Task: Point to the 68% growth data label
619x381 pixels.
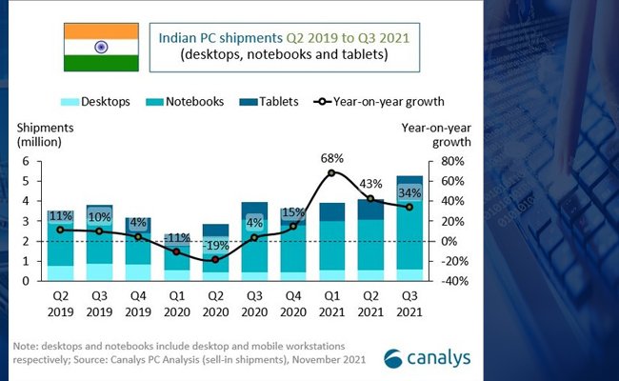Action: click(330, 156)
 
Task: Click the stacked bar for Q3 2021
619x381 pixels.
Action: click(409, 229)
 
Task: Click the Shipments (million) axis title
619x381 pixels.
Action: click(39, 133)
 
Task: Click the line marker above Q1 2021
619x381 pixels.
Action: click(330, 172)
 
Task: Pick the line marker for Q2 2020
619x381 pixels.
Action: click(214, 259)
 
